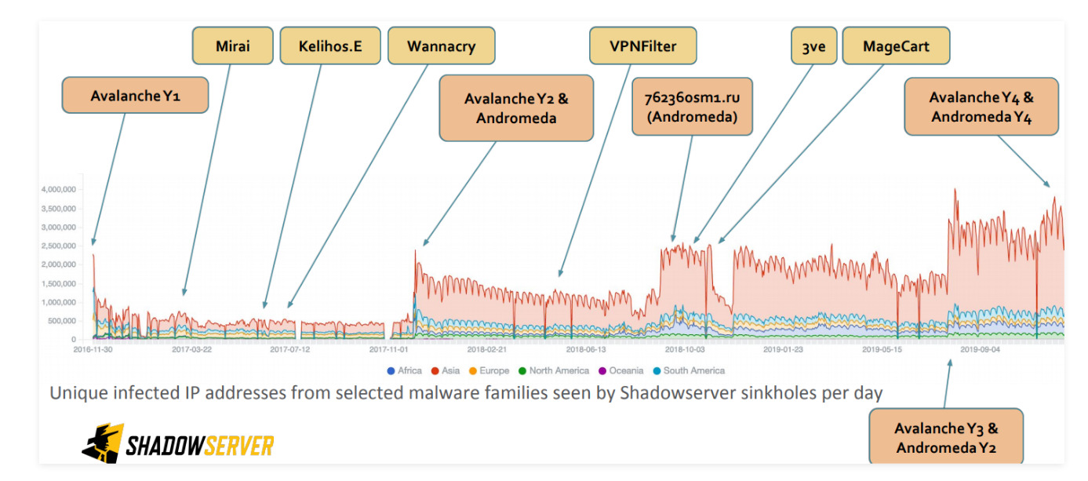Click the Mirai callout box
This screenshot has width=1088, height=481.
pyautogui.click(x=232, y=46)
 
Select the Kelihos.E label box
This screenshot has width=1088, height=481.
pyautogui.click(x=330, y=46)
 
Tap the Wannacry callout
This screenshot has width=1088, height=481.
pyautogui.click(x=441, y=46)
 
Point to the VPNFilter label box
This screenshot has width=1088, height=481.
pyautogui.click(x=643, y=46)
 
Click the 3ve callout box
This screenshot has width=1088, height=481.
pyautogui.click(x=813, y=46)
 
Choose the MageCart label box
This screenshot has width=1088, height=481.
pyautogui.click(x=896, y=46)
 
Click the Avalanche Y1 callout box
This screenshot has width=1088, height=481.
pyautogui.click(x=135, y=96)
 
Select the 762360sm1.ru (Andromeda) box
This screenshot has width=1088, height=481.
pyautogui.click(x=692, y=107)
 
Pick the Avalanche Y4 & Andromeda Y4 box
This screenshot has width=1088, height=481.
pyautogui.click(x=981, y=107)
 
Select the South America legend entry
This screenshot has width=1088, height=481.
pyautogui.click(x=693, y=370)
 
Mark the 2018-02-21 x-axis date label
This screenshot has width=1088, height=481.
pyautogui.click(x=486, y=350)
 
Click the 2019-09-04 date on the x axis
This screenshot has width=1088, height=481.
pyautogui.click(x=980, y=350)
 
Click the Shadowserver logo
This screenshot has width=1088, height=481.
pyautogui.click(x=177, y=444)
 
